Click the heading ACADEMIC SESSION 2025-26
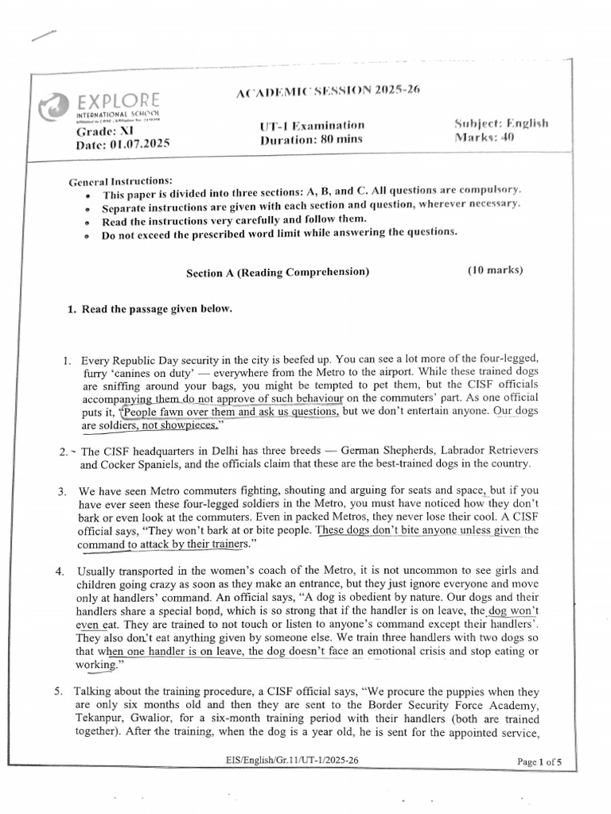(x=327, y=91)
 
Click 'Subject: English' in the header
(x=501, y=123)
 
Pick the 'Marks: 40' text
(x=485, y=137)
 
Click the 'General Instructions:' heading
(x=120, y=182)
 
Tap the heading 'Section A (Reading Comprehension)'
(x=278, y=272)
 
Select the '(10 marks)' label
(x=495, y=270)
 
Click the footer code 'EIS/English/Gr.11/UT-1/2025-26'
(x=293, y=761)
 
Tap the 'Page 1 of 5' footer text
(x=539, y=762)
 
